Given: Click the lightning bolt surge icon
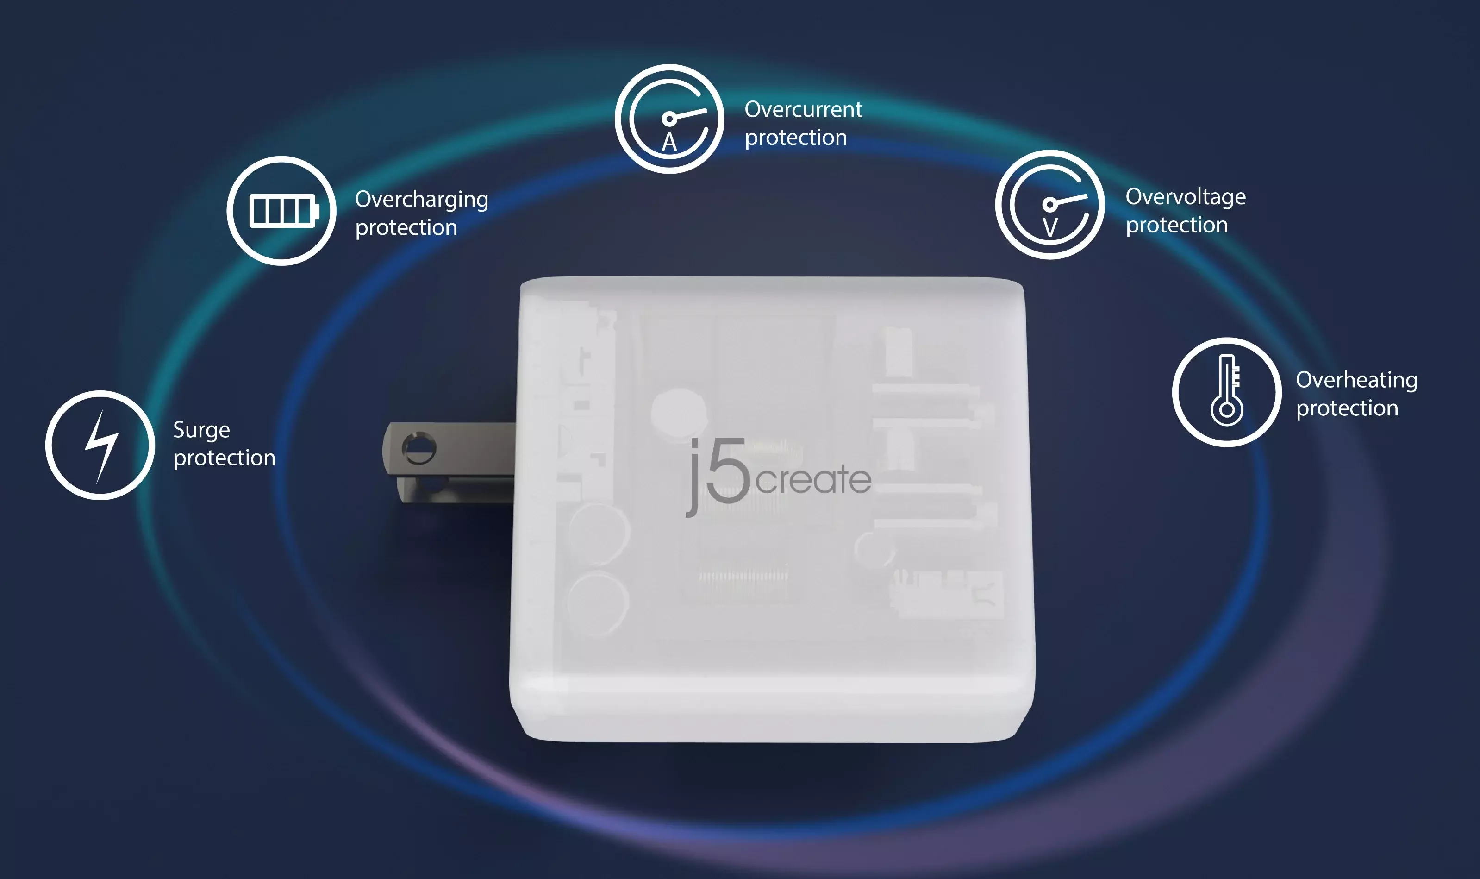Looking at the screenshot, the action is tap(100, 445).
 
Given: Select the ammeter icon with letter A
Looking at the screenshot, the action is tap(669, 119).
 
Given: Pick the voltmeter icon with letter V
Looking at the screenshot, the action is tap(1049, 204).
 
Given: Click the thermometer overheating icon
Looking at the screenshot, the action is tap(1227, 392).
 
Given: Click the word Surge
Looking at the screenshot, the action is tap(201, 431).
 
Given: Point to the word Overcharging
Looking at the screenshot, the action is tap(422, 200).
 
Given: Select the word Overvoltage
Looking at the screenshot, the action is tap(1185, 197).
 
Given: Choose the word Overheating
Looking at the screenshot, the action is tap(1356, 380).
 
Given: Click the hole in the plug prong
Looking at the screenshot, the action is tap(419, 449).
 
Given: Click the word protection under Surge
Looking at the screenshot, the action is tap(225, 458).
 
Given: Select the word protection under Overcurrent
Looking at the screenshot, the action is tap(796, 138).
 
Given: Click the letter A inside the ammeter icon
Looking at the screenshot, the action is tap(669, 143).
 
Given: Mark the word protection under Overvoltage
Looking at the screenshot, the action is tap(1177, 226).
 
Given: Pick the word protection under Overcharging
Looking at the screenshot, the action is tap(406, 228).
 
